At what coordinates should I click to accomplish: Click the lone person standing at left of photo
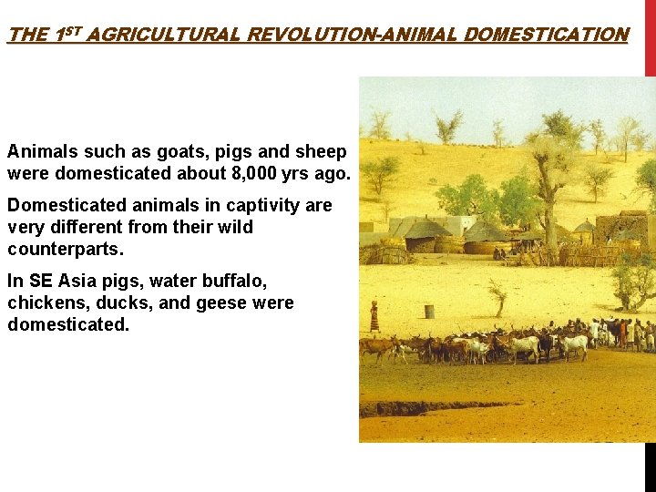(x=374, y=317)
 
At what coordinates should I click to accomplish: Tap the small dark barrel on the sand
(x=429, y=311)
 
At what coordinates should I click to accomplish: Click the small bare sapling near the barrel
(x=498, y=295)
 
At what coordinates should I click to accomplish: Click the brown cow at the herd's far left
(x=374, y=347)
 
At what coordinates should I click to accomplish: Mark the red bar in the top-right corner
(x=650, y=36)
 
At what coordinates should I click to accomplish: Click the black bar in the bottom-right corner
(x=650, y=466)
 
